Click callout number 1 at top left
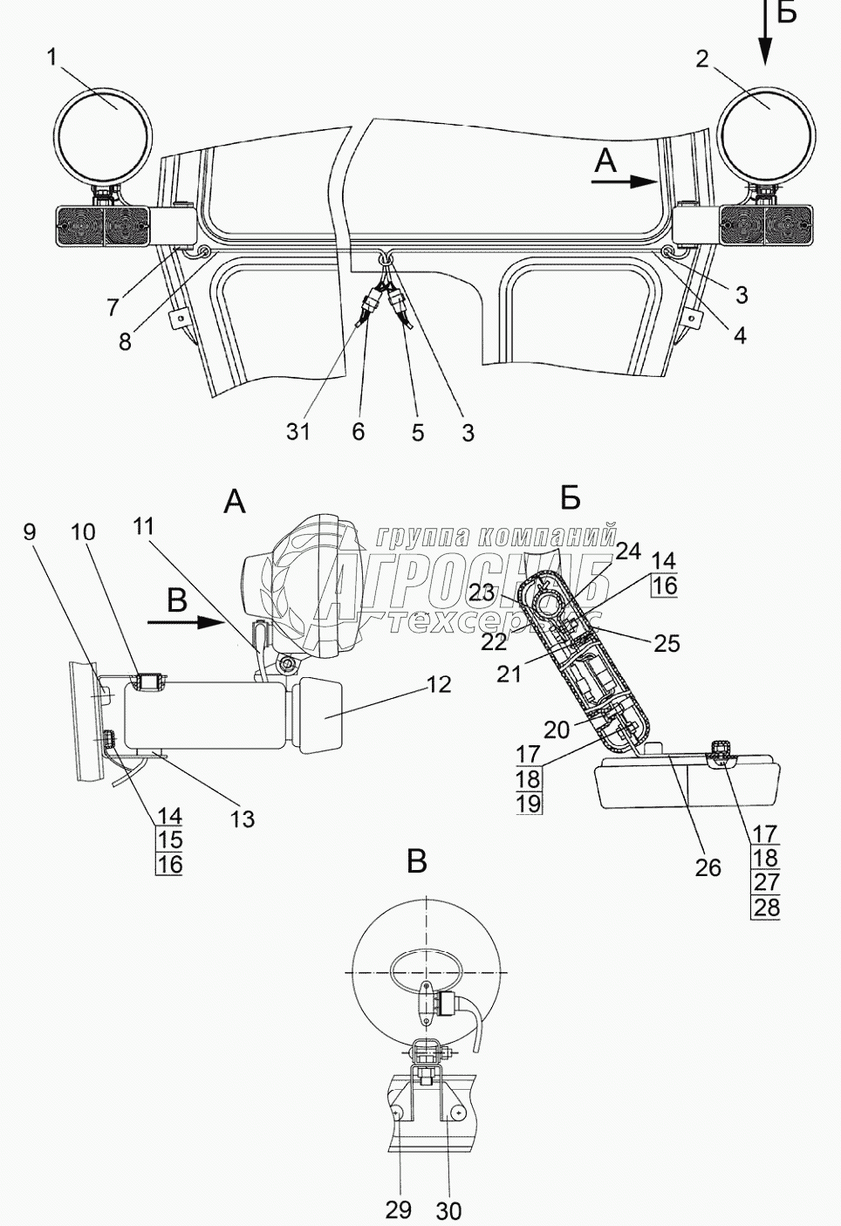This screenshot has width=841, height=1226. (52, 58)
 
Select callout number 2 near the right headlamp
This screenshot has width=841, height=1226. (702, 59)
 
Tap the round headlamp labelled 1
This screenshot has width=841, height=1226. (104, 136)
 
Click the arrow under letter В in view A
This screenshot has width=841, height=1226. (186, 622)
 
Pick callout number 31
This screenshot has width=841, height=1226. (298, 432)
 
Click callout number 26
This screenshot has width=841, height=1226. (708, 867)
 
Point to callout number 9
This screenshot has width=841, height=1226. (30, 532)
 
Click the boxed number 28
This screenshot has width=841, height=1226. (766, 908)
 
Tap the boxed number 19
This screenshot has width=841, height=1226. (529, 804)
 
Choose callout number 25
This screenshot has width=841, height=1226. (667, 644)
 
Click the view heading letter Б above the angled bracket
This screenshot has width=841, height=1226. (571, 498)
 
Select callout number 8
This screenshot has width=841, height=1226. (125, 341)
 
